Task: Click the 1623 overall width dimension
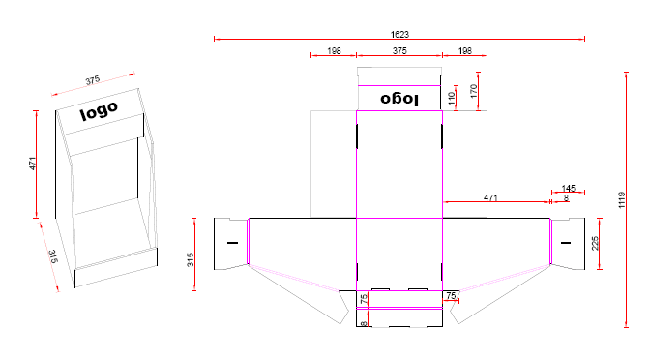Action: click(399, 34)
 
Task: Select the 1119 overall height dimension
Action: click(624, 199)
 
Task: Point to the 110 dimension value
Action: click(453, 97)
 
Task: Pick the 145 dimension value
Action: click(568, 188)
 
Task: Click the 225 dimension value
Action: click(596, 243)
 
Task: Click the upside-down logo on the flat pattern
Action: click(399, 98)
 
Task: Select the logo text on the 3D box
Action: click(100, 110)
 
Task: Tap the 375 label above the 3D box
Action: click(93, 79)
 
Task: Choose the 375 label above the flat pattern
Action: click(399, 50)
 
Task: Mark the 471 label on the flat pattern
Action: click(490, 197)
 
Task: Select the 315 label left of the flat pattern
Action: click(191, 258)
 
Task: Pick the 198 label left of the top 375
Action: click(334, 50)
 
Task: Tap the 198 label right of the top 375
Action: click(465, 50)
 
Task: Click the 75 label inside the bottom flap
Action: click(365, 299)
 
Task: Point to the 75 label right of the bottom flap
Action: click(451, 294)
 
